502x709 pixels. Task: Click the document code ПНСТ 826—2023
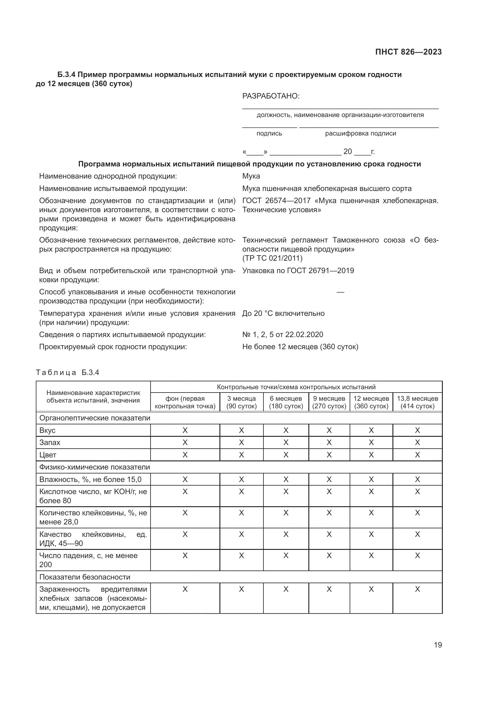coord(408,52)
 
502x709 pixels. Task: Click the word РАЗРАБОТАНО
coord(271,96)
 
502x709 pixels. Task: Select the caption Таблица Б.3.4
coord(67,373)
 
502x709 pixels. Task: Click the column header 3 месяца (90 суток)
coord(241,402)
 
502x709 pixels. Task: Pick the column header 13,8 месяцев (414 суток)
coord(417,402)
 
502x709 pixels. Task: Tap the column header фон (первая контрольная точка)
coord(185,402)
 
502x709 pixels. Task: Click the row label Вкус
coord(47,430)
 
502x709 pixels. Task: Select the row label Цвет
coord(48,455)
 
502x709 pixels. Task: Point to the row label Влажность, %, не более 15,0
coord(90,479)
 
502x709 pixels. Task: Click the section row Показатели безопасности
coord(85,577)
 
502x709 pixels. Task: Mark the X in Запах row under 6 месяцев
coord(286,443)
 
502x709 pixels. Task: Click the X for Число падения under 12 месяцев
coord(371,556)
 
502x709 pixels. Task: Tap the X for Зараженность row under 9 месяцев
coord(329,589)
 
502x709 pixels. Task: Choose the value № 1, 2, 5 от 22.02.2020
coord(283,334)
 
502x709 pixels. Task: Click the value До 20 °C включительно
coord(283,313)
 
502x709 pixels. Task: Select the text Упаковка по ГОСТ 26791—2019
coord(298,270)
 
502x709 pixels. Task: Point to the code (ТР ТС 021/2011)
coord(272,258)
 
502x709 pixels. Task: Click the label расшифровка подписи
coord(361,133)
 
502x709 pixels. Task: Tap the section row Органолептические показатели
coord(95,418)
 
